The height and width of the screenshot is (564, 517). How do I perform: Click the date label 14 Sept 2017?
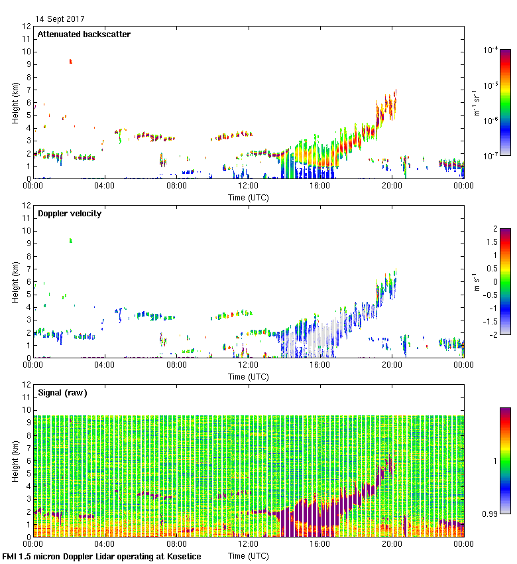[x=60, y=19]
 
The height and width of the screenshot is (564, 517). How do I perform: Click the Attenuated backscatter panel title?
[x=84, y=35]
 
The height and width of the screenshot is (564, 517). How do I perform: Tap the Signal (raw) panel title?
[x=62, y=393]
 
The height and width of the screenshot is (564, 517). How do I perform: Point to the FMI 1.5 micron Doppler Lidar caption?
[x=101, y=556]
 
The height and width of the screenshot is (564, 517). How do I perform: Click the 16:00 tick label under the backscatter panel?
[x=319, y=186]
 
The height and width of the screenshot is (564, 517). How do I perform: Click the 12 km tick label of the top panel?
[x=27, y=27]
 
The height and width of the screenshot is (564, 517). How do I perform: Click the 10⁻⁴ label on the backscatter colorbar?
[x=491, y=50]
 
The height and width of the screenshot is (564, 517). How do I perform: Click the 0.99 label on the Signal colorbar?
[x=490, y=513]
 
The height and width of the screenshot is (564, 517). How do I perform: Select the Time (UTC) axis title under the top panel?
[x=248, y=197]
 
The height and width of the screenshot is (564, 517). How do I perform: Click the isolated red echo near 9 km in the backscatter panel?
[x=70, y=61]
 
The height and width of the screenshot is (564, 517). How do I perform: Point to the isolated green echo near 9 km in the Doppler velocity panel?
[x=70, y=240]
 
